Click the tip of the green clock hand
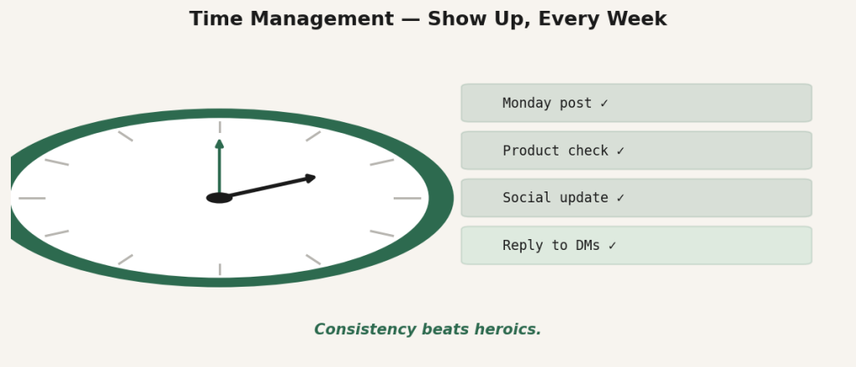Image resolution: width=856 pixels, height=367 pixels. (220, 140)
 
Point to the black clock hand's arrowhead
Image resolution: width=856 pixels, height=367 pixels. (310, 177)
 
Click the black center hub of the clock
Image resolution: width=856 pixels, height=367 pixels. (220, 197)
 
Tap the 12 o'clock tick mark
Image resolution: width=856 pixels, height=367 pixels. (220, 127)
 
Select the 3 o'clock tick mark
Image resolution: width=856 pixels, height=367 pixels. (407, 197)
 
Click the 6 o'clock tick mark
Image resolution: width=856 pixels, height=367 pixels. (220, 269)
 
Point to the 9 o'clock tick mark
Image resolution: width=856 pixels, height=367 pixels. (33, 197)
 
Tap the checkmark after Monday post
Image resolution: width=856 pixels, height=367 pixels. (604, 103)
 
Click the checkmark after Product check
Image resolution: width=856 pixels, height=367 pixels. (620, 150)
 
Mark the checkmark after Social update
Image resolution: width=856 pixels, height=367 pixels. (620, 197)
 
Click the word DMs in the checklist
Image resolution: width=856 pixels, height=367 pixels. (588, 246)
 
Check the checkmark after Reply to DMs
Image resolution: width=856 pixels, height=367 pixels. (612, 246)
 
